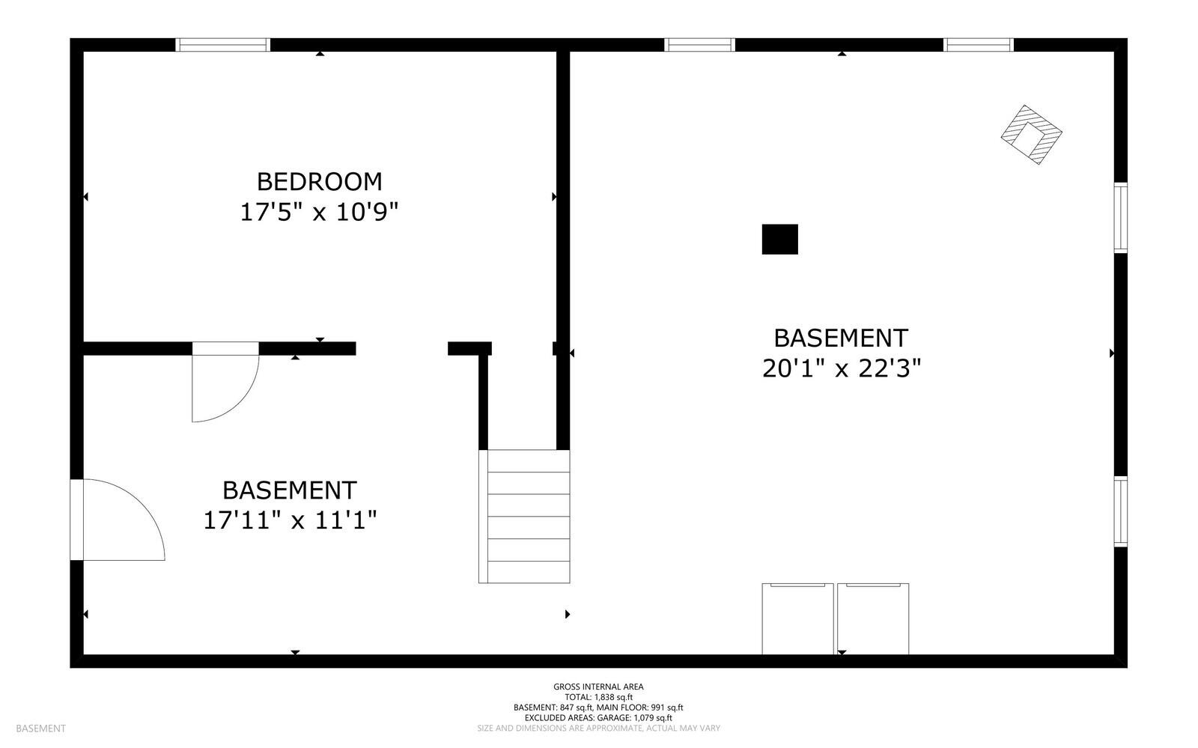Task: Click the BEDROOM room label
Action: pyautogui.click(x=319, y=182)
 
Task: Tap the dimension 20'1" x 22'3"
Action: pyautogui.click(x=841, y=368)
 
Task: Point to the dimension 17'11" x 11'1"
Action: pyautogui.click(x=290, y=520)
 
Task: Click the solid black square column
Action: pyautogui.click(x=779, y=240)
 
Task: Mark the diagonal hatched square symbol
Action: pyautogui.click(x=1031, y=135)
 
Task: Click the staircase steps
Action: pyautogui.click(x=525, y=516)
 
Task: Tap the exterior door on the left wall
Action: pyautogui.click(x=77, y=520)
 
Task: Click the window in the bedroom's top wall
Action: pyautogui.click(x=222, y=45)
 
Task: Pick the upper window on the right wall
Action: pyautogui.click(x=1120, y=217)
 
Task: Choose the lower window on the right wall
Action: pyautogui.click(x=1120, y=511)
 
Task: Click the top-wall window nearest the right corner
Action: pyautogui.click(x=978, y=45)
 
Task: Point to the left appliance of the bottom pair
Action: pyautogui.click(x=797, y=618)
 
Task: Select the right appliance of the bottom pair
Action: pyautogui.click(x=873, y=618)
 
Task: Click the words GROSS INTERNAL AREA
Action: pyautogui.click(x=598, y=687)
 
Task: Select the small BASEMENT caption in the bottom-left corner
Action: pyautogui.click(x=40, y=729)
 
